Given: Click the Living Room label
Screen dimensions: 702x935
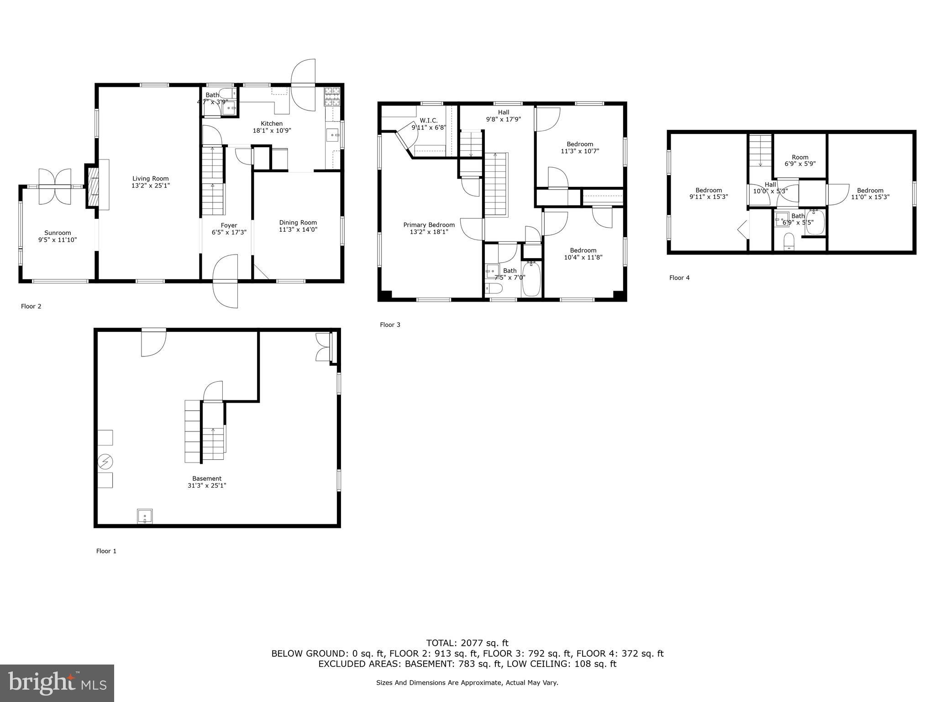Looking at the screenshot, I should pyautogui.click(x=151, y=179).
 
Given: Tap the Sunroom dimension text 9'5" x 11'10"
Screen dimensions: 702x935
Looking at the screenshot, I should pyautogui.click(x=58, y=239).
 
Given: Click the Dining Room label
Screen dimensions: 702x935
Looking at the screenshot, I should pyautogui.click(x=298, y=223).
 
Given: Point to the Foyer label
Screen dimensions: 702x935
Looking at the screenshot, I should pyautogui.click(x=229, y=225).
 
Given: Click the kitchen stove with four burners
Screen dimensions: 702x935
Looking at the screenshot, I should pyautogui.click(x=332, y=96).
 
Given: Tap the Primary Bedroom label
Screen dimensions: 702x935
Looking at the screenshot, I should pyautogui.click(x=429, y=225).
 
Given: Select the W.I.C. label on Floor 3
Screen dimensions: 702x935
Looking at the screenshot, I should pyautogui.click(x=428, y=121).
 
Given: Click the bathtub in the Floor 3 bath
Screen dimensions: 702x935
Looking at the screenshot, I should pyautogui.click(x=531, y=279).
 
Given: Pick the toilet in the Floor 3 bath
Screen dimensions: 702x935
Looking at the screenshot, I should pyautogui.click(x=494, y=288).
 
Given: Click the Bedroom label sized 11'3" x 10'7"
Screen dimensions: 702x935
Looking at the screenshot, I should pyautogui.click(x=580, y=144).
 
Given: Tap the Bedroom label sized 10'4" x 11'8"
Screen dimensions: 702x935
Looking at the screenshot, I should pyautogui.click(x=583, y=250).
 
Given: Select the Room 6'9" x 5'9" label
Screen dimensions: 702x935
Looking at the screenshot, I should pyautogui.click(x=800, y=157).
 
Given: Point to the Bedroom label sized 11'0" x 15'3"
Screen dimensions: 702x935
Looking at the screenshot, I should pyautogui.click(x=870, y=191).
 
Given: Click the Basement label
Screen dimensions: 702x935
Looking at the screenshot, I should pyautogui.click(x=207, y=479).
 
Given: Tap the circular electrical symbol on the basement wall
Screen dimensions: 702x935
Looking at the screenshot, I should pyautogui.click(x=105, y=462).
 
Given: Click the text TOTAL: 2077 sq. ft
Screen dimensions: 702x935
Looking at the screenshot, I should pyautogui.click(x=467, y=643).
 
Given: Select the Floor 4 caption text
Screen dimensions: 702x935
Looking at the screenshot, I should pyautogui.click(x=679, y=277).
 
